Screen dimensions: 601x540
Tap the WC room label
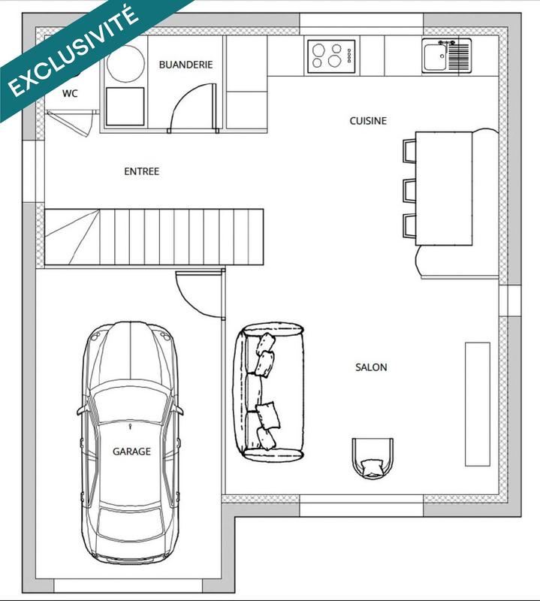69,93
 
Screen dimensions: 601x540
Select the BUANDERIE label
186,65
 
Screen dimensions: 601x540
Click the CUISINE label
368,120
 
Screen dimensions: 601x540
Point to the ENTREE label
141,171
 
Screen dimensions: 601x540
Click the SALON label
371,367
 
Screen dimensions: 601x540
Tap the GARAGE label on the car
131,452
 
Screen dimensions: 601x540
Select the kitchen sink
436,56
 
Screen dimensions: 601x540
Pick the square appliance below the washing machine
125,107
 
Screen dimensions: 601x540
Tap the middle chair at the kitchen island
409,189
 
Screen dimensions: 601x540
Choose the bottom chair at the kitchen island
409,226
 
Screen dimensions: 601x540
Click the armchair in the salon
373,457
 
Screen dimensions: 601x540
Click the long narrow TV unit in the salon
477,403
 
